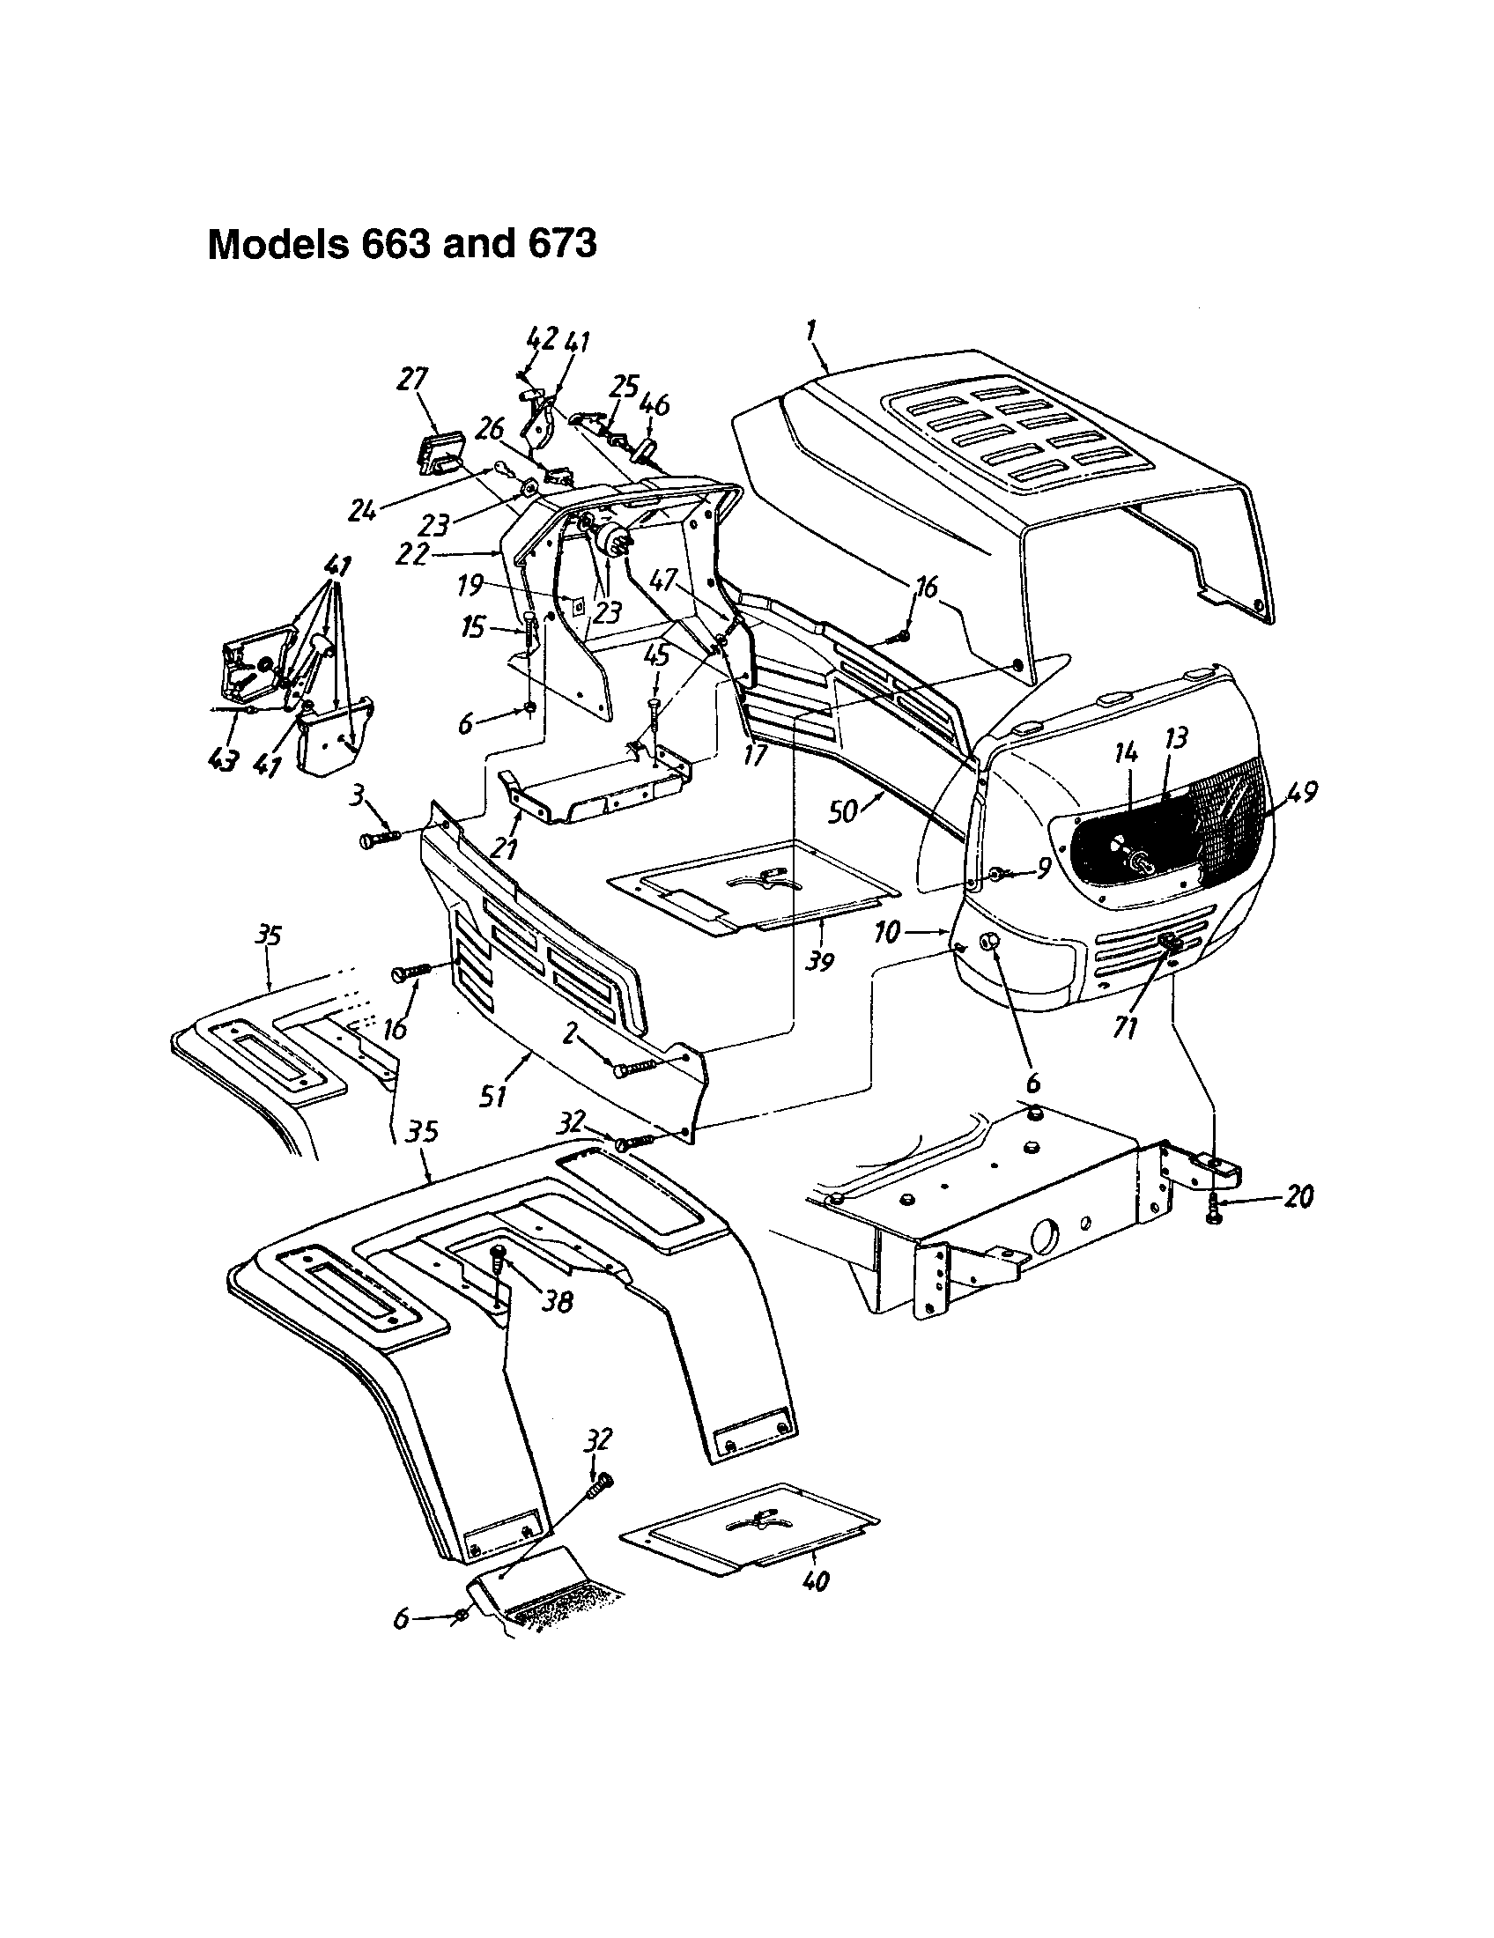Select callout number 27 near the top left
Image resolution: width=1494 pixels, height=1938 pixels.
(412, 381)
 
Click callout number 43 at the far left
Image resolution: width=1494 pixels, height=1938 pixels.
(225, 761)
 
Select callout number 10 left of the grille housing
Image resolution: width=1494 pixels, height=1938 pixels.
(888, 932)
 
